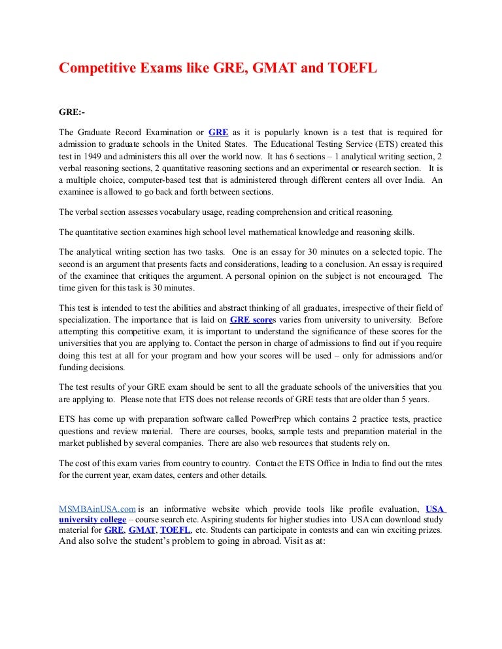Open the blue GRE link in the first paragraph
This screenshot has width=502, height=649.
218,131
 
